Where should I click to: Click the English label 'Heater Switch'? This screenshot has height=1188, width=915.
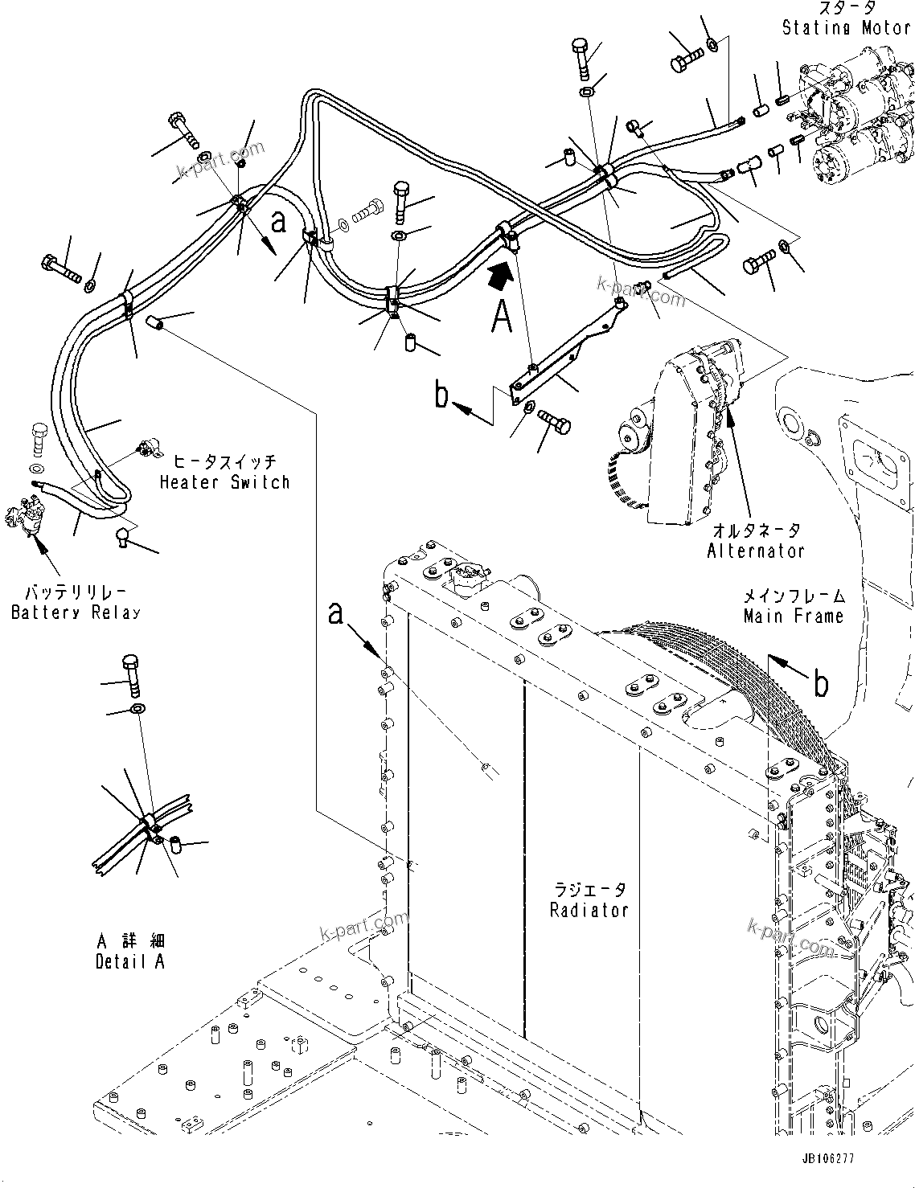point(224,482)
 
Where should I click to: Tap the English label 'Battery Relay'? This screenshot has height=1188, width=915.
point(76,612)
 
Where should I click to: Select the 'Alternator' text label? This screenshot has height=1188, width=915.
point(755,551)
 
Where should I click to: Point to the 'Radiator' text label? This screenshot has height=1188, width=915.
point(589,910)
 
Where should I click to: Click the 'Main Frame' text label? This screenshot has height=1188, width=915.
point(793,617)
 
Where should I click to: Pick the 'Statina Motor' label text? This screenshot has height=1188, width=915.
point(846,28)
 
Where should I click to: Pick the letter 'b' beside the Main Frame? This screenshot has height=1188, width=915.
point(820,683)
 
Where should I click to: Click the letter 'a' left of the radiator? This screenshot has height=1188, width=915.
point(336,614)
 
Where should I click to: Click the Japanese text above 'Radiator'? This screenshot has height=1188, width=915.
point(589,891)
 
